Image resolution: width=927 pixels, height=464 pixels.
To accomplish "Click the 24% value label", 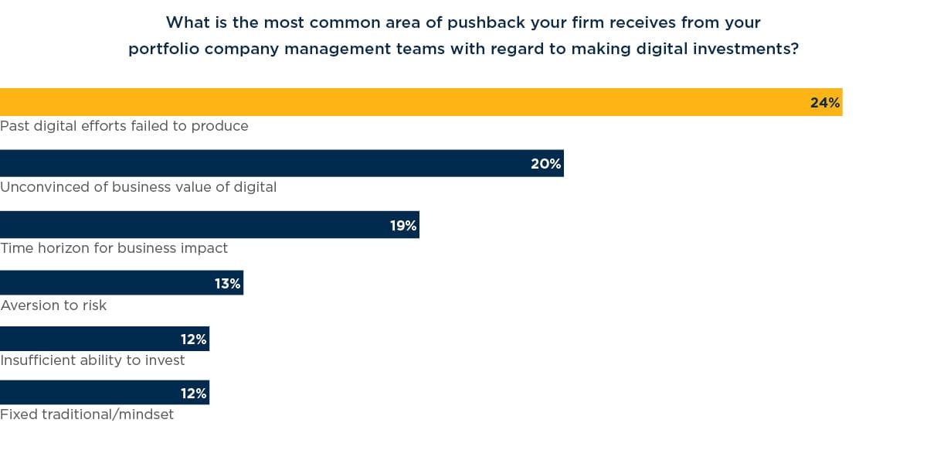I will (x=824, y=103).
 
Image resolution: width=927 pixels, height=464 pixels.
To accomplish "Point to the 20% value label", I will (x=545, y=164).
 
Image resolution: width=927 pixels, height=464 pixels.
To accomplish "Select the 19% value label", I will (x=402, y=226).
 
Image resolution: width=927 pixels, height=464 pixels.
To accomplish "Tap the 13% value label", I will (x=227, y=284).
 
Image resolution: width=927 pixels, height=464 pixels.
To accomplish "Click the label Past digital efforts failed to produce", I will (x=124, y=126).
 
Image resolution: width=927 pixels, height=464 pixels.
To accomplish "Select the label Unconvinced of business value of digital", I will (x=138, y=187).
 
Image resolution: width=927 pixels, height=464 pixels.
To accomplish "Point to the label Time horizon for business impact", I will (x=114, y=248).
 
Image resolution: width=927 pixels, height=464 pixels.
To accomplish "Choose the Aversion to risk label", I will (x=53, y=305).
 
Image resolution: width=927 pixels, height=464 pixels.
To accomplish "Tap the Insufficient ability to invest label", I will (x=93, y=360).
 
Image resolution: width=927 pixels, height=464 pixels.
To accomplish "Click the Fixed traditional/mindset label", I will (x=87, y=415).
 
